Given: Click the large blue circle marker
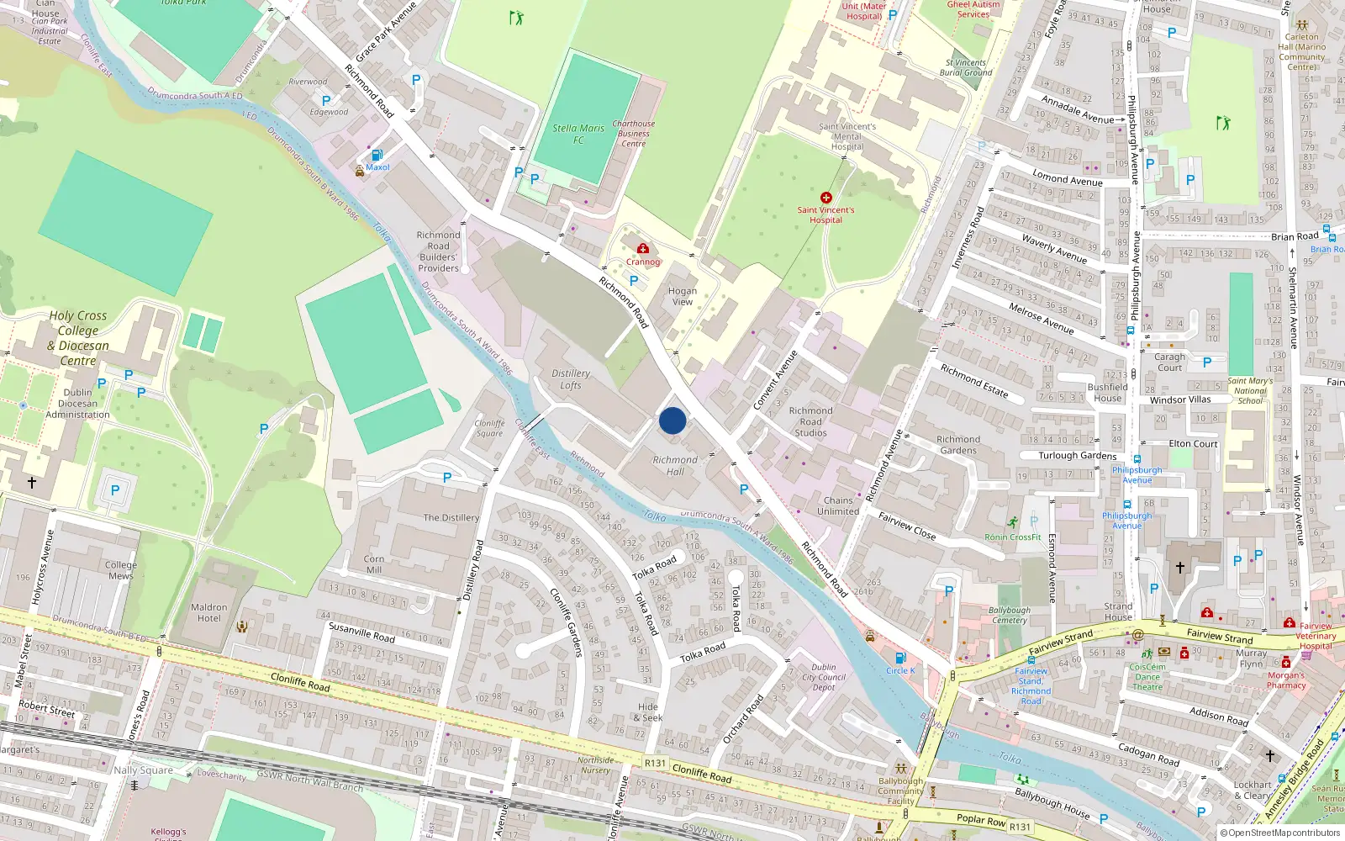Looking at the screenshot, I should [x=672, y=420].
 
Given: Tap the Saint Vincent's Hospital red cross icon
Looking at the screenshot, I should [x=825, y=198].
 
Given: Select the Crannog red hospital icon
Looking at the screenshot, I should [x=643, y=248].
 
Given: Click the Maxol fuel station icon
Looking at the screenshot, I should [x=377, y=155].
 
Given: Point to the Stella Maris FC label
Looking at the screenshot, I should [x=578, y=134].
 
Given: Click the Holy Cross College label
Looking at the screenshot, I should [x=78, y=337].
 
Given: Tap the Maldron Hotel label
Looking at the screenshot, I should [x=208, y=612].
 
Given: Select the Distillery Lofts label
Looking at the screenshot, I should [x=571, y=379].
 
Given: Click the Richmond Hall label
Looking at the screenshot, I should [x=675, y=466].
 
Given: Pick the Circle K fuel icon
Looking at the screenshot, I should [x=899, y=658].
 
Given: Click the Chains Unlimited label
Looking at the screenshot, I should [x=838, y=505].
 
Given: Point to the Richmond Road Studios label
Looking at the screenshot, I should [x=810, y=421].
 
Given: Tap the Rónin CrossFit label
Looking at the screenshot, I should [x=1013, y=537].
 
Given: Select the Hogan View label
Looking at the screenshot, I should [x=682, y=296].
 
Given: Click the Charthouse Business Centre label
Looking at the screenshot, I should [x=633, y=133].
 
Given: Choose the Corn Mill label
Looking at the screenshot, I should [x=374, y=564].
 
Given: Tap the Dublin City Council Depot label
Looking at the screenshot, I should [x=824, y=677].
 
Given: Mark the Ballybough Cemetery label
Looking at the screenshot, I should [x=1009, y=615].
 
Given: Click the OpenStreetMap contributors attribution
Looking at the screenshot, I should [x=1284, y=833].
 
